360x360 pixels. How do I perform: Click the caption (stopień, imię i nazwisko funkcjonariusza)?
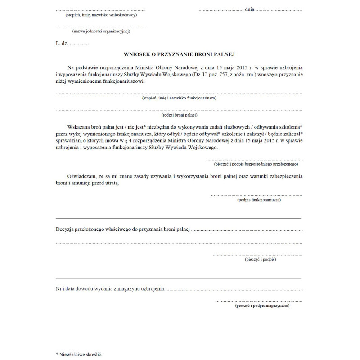coord(179,98)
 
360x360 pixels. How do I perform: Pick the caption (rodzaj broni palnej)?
coord(179,115)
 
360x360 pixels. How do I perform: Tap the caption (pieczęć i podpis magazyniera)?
coord(262,306)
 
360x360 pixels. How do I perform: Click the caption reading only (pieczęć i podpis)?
coord(260,260)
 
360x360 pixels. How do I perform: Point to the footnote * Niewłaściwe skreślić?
coord(79,354)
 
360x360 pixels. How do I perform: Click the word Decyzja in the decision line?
coord(67,230)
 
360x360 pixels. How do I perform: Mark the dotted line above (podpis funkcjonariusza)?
coord(256,195)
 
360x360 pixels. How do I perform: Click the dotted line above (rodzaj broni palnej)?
coord(179,110)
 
